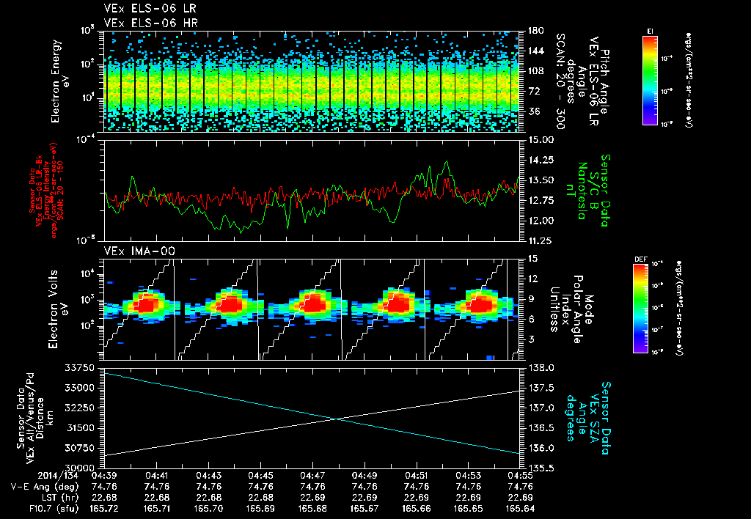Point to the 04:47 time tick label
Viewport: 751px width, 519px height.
tap(312, 475)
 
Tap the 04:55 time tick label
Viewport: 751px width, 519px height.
tap(520, 475)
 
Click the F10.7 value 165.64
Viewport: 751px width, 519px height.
tap(520, 507)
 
